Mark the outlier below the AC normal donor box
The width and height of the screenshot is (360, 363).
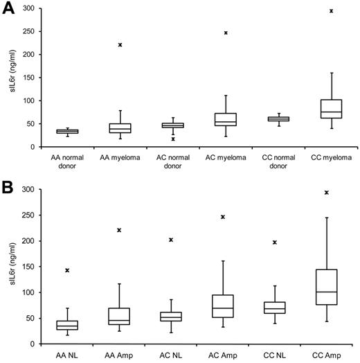(x=173, y=139)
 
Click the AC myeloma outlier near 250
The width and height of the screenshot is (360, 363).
(x=226, y=33)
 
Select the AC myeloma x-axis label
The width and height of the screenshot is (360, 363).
(x=226, y=158)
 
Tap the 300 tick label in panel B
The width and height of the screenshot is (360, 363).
(x=28, y=190)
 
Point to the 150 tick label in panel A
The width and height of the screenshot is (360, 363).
(x=28, y=77)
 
